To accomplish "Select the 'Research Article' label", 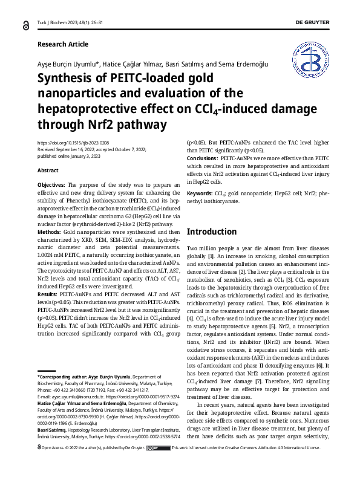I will click(62, 44).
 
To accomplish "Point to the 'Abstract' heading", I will click(48, 170).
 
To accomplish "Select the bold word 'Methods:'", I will click(49, 232).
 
